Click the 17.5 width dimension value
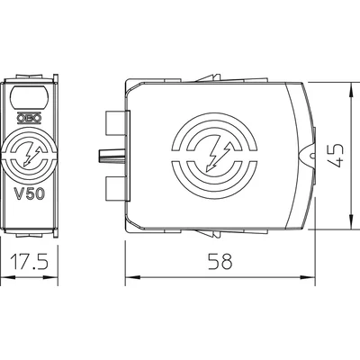tap(30, 261)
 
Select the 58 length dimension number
tap(220, 261)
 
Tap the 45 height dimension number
tap(336, 155)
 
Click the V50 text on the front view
tap(30, 194)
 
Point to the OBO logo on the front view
tap(29, 119)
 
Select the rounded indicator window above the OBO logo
tap(29, 97)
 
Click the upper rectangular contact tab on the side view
tap(116, 122)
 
